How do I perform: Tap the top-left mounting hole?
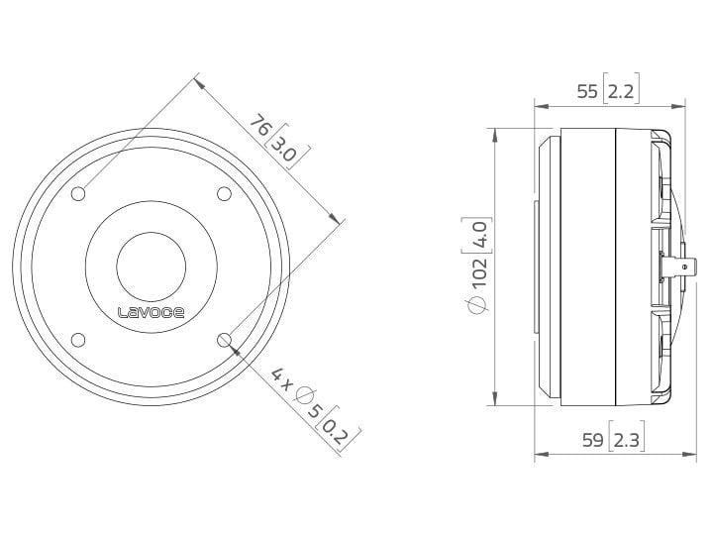(x=78, y=192)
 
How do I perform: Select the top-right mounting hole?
(x=225, y=192)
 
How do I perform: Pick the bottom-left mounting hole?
(x=78, y=340)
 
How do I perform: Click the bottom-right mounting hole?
(x=225, y=340)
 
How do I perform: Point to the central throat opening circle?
(x=152, y=266)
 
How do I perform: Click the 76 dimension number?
(x=259, y=127)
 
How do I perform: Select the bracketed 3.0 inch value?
(x=285, y=152)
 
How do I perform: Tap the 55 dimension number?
(x=587, y=91)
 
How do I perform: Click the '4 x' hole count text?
(x=281, y=377)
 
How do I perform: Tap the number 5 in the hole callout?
(x=316, y=408)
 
